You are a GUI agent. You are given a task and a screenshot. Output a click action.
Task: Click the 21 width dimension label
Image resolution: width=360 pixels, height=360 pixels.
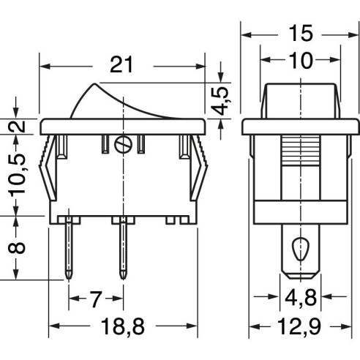pos(121,65)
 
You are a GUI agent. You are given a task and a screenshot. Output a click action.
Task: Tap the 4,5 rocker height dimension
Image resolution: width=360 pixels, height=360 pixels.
pos(221,100)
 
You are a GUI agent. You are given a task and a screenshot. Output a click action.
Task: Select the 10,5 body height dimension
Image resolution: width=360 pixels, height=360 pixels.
pos(17,174)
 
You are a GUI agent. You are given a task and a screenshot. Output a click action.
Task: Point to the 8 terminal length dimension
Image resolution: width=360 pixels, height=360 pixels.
pos(17,248)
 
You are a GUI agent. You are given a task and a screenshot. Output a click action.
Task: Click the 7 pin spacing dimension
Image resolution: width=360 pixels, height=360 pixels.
pos(95,299)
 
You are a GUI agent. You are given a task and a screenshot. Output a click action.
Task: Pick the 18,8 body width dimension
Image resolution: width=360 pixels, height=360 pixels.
pos(123,326)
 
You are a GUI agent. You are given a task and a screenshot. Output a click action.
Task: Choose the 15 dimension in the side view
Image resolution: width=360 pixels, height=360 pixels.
pos(300,34)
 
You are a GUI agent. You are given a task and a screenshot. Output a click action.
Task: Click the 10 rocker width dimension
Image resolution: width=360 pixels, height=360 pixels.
pos(300,60)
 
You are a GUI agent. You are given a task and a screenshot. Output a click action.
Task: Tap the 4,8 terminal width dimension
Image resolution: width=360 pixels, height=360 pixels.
pos(301,298)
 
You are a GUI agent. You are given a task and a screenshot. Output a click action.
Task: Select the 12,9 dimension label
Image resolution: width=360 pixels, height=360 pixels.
pos(299,326)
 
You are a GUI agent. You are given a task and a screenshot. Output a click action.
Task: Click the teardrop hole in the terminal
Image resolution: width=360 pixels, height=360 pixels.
pos(301,249)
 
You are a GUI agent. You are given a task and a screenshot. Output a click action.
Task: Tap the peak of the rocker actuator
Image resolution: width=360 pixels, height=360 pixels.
pos(94,84)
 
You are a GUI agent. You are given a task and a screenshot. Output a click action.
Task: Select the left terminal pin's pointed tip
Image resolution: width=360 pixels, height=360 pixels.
pos(70,279)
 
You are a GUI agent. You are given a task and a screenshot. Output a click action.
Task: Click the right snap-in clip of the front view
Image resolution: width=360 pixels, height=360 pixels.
pos(199,168)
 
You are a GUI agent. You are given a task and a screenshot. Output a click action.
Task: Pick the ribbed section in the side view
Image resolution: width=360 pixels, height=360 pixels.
pos(301,151)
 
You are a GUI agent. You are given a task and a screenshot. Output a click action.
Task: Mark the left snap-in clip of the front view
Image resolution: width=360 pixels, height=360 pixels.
pos(48,168)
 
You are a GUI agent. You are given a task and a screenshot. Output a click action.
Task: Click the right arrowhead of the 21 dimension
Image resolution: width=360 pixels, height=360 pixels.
pos(200,66)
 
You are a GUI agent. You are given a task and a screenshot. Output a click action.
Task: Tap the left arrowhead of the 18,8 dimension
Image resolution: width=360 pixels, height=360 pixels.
pos(54,326)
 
